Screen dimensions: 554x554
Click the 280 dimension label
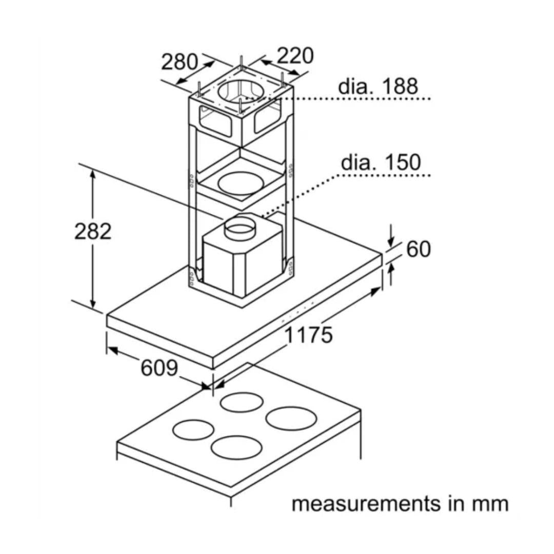(180, 62)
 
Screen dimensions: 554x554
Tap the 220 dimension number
(295, 56)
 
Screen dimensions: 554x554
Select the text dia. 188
(378, 86)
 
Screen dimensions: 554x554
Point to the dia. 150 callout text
(381, 162)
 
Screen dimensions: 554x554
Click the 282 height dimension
(93, 231)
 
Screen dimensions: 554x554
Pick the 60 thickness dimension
(419, 249)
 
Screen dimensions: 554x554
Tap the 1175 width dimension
(308, 335)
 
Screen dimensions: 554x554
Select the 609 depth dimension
(160, 368)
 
